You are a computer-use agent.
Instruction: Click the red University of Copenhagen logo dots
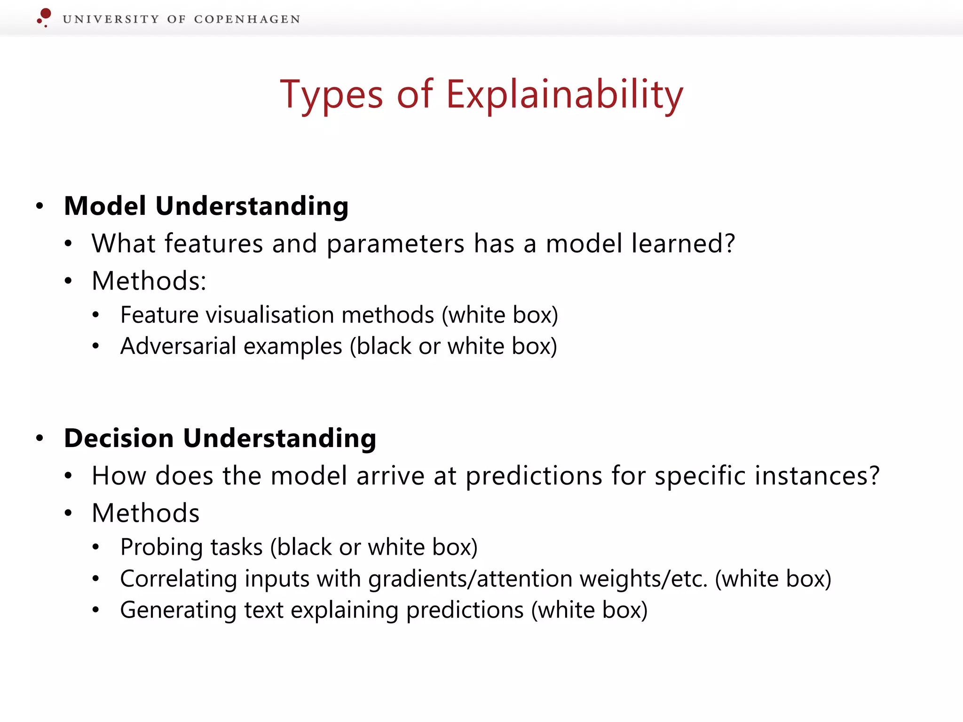pos(44,16)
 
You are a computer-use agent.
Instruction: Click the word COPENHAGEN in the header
pos(247,19)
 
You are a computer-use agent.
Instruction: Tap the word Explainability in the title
pos(564,95)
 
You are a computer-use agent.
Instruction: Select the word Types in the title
pos(332,95)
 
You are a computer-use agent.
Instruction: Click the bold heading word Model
pos(105,206)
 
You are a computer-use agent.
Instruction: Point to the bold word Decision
pos(119,439)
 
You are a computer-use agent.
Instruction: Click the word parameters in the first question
pos(395,244)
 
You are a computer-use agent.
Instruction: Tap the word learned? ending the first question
pos(683,243)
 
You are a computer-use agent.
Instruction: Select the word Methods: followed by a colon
pos(149,281)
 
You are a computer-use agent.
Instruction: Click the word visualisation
pos(269,315)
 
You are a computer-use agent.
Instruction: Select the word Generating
pos(178,611)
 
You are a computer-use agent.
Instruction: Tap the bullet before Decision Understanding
pos(40,439)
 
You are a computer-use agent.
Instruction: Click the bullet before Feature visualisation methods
pos(96,315)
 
